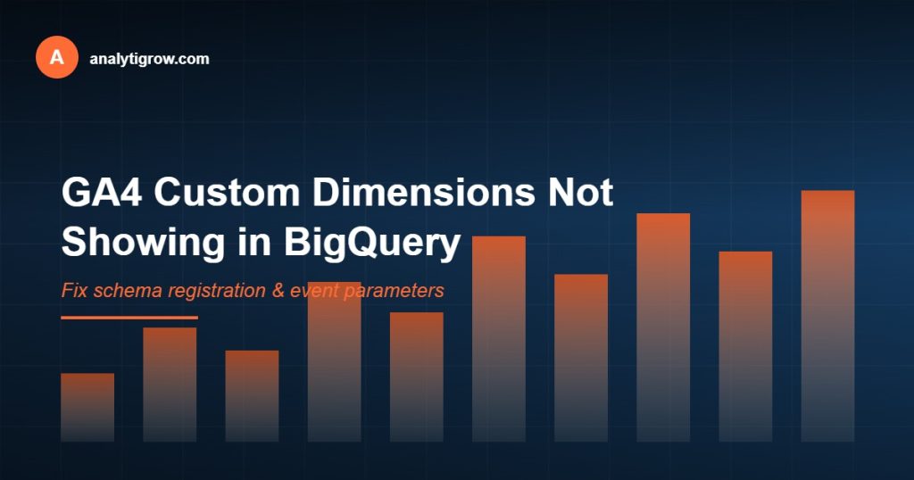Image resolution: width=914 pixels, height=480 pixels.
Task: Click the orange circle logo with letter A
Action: pyautogui.click(x=57, y=58)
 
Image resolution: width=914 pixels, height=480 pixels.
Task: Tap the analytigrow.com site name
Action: pyautogui.click(x=149, y=59)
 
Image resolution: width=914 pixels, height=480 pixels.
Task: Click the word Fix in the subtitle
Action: pyautogui.click(x=73, y=291)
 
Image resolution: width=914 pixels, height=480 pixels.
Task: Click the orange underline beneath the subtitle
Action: pyautogui.click(x=129, y=317)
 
